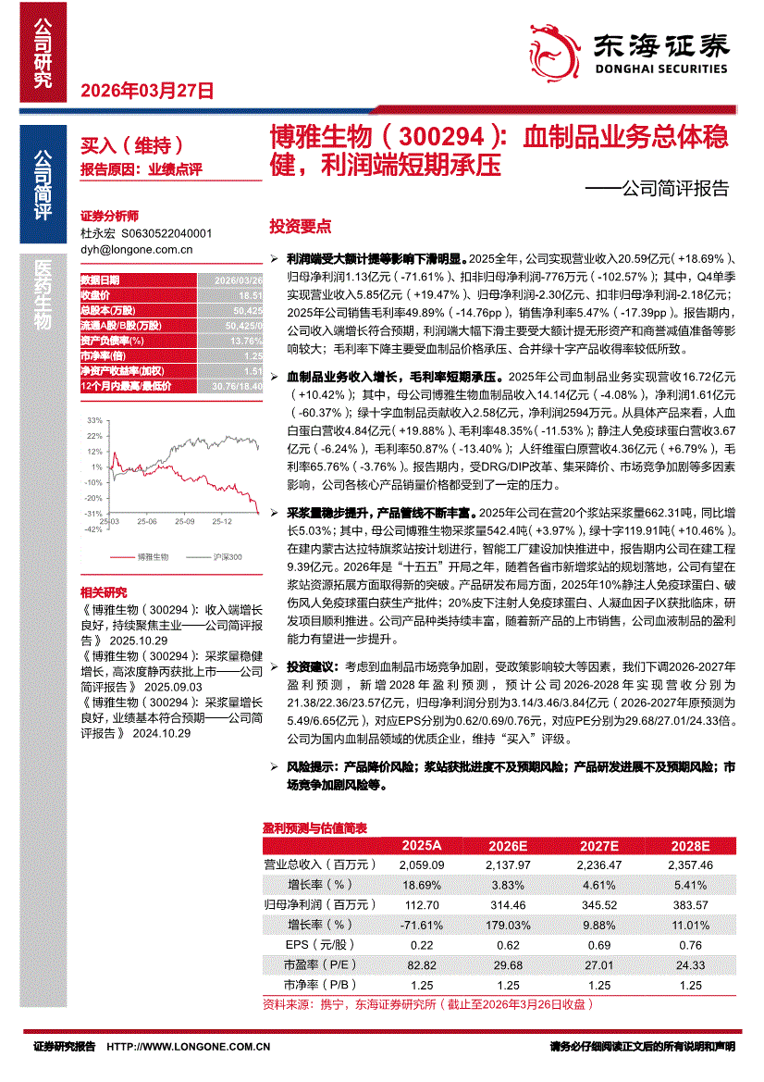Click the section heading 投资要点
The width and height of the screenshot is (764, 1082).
tap(300, 227)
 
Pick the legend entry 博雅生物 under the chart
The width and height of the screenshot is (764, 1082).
tap(154, 557)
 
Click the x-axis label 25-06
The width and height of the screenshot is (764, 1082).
tap(145, 522)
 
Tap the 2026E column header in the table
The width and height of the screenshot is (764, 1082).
tap(507, 846)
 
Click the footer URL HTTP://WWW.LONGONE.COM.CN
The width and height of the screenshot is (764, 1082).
tap(189, 1047)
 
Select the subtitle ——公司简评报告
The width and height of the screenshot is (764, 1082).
tap(658, 190)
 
